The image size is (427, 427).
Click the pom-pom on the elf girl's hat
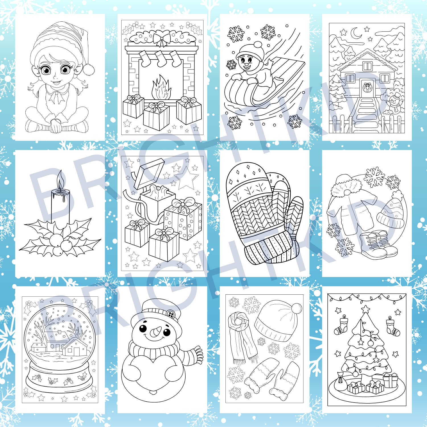tap(89, 69)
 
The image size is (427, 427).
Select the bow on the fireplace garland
tap(162, 39)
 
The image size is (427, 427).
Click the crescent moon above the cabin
tap(356, 33)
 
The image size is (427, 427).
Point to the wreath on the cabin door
tap(367, 87)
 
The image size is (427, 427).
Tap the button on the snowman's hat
tap(171, 314)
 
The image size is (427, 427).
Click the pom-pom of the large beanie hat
tap(297, 309)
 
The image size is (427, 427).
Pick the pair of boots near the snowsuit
tap(378, 245)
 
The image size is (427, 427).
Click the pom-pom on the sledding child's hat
tap(258, 45)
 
